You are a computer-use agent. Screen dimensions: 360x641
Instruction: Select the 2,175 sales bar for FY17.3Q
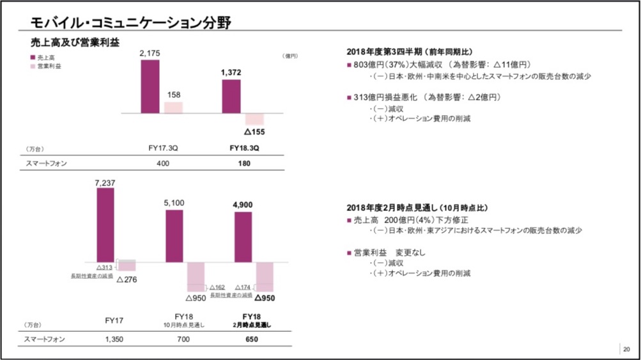[x=150, y=86]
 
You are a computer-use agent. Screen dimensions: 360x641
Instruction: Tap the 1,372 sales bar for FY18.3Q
[x=231, y=97]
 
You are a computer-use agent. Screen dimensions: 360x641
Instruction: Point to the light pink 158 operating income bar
[x=173, y=107]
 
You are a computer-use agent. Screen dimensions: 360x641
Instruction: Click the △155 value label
[x=254, y=132]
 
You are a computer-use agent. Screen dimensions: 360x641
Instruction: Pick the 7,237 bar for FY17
[x=105, y=224]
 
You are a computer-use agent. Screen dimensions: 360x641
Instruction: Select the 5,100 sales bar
[x=174, y=235]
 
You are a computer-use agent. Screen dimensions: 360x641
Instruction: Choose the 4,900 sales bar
[x=243, y=237]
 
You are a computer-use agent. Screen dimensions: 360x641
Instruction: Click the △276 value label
[x=127, y=279]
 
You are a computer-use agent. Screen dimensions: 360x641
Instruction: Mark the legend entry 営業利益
[x=47, y=67]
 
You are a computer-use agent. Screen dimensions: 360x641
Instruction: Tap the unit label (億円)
[x=291, y=56]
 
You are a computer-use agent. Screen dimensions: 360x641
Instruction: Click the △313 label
[x=104, y=267]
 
